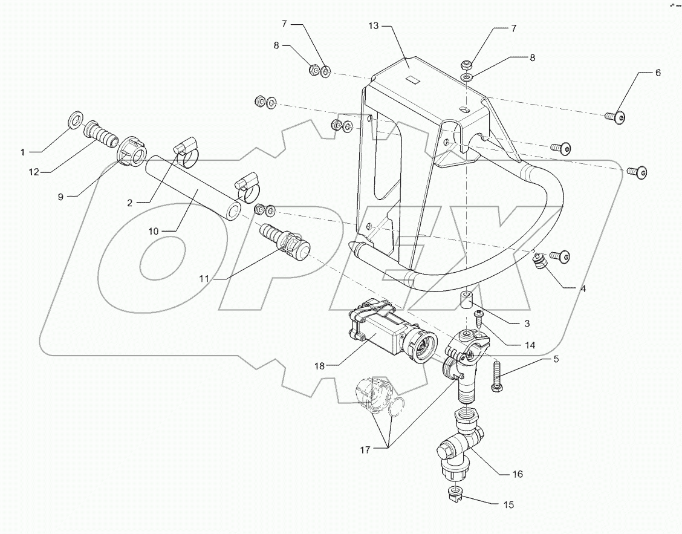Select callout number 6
click(x=657, y=72)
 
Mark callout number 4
click(x=583, y=288)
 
